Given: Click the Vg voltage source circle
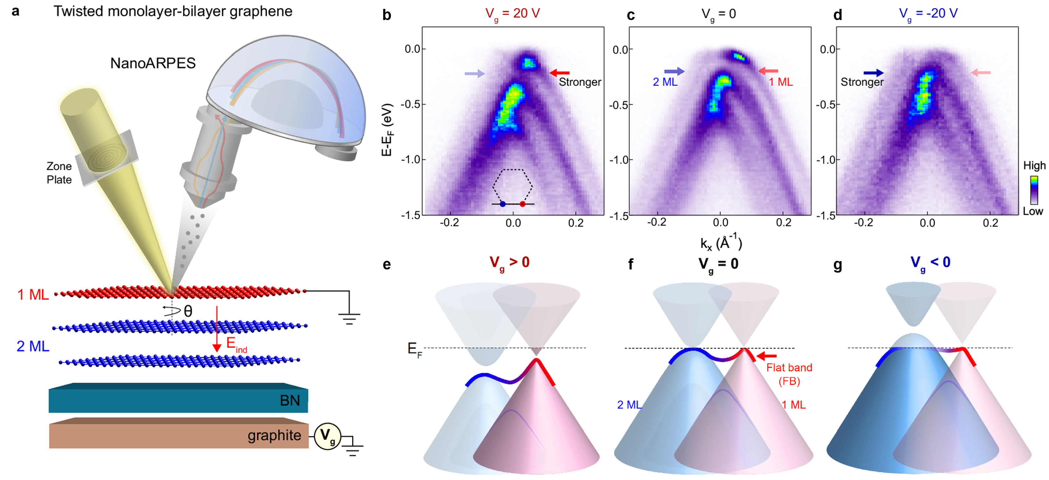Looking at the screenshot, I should click(x=327, y=436).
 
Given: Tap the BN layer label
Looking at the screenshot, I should click(x=290, y=400).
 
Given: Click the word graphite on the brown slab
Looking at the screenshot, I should click(x=274, y=435).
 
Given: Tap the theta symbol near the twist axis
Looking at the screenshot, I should click(x=188, y=311).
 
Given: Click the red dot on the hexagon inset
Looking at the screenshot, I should click(x=523, y=204).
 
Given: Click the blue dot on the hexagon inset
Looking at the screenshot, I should click(x=503, y=204).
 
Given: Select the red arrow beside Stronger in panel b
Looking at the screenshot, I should click(x=559, y=73).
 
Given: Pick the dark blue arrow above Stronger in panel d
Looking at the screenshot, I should click(x=874, y=73).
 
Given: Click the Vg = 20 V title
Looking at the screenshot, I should click(x=512, y=13).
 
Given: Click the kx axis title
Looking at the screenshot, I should click(x=721, y=243).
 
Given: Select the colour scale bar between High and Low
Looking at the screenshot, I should click(x=1034, y=190).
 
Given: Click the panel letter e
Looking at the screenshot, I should click(x=387, y=265).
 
